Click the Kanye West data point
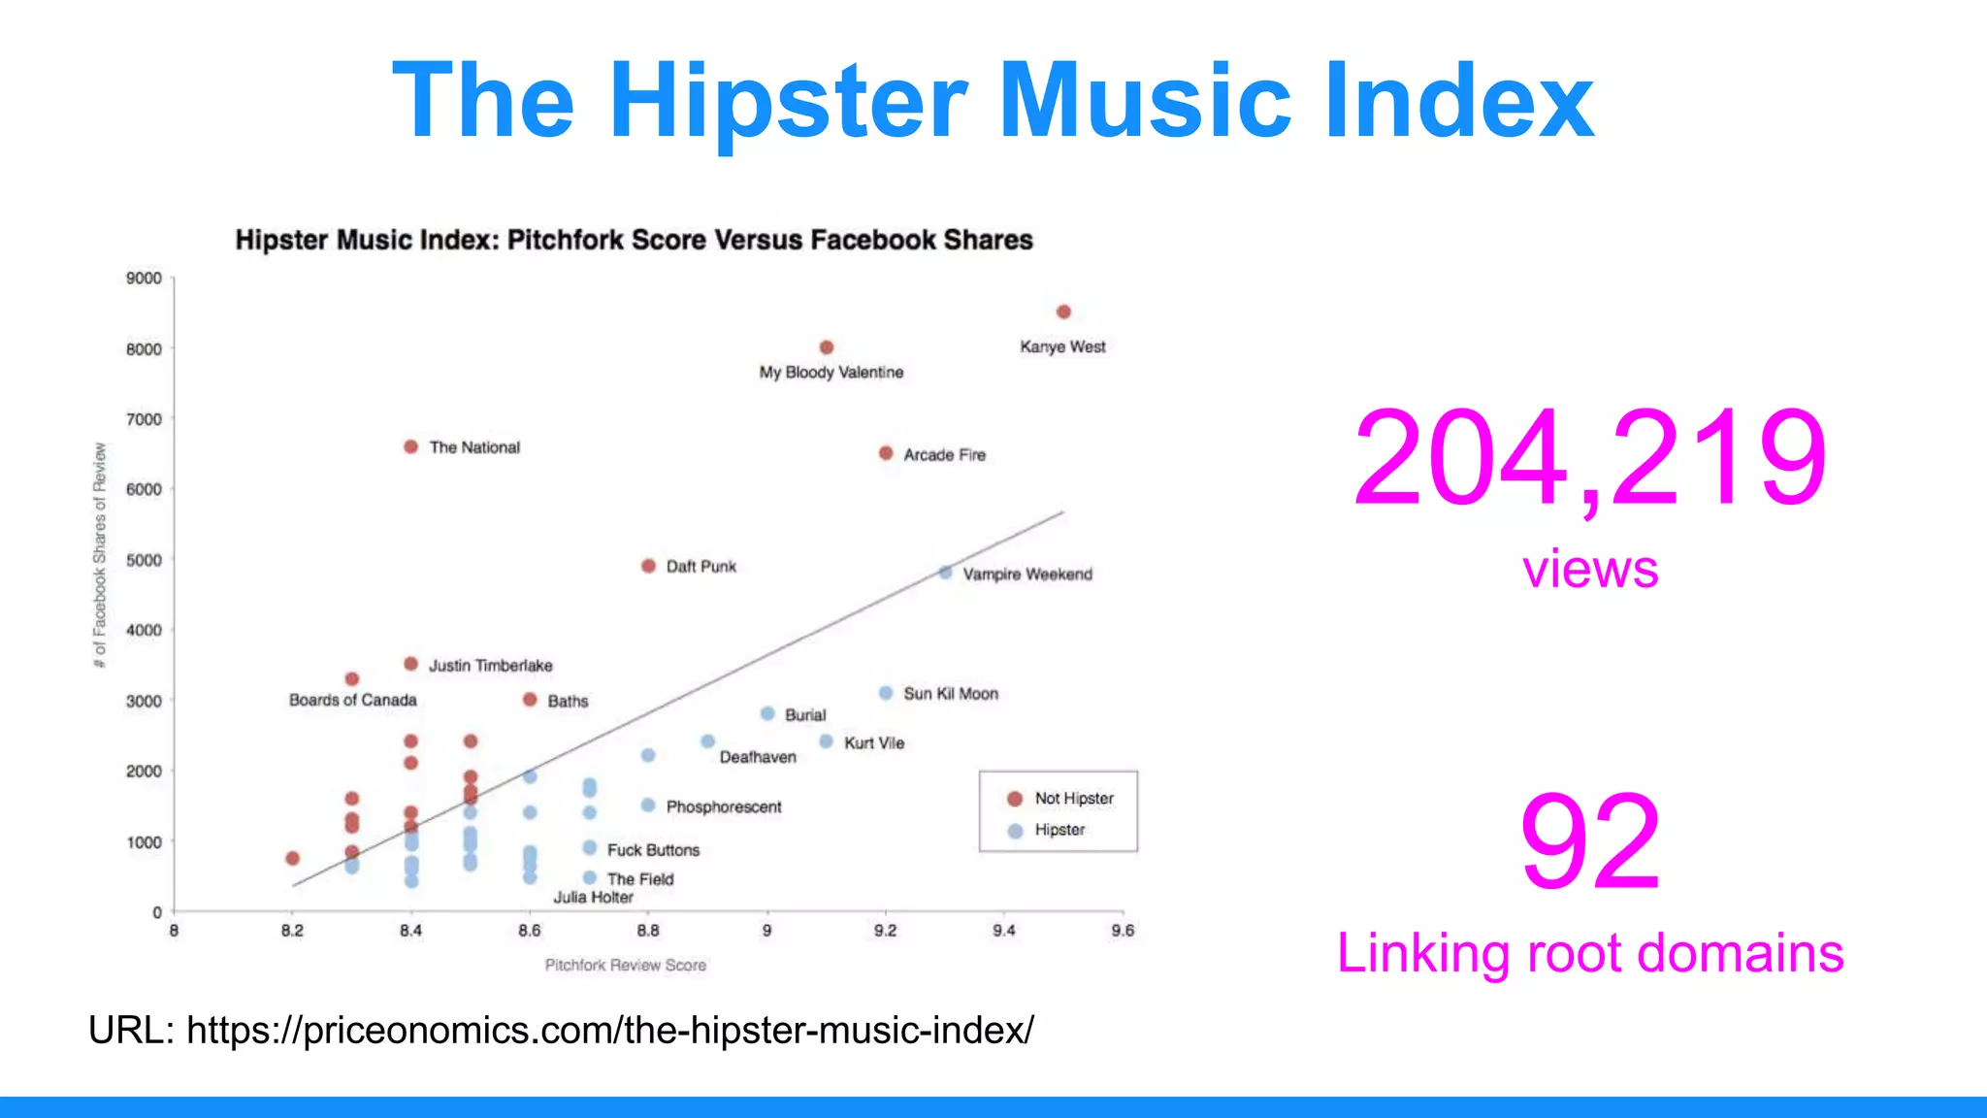pos(1063,312)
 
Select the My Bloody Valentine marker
pos(827,347)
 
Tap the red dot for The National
pos(410,446)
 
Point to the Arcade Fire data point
pos(886,453)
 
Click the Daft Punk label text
pos(700,567)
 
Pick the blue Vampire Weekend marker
pos(945,573)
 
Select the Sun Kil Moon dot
pos(886,693)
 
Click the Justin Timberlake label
pos(490,666)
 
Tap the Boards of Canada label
pos(352,700)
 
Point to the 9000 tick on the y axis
pos(144,279)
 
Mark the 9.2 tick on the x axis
pos(885,931)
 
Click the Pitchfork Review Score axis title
pos(625,965)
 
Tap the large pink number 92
pos(1589,841)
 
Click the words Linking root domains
pos(1589,953)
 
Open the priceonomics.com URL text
pos(609,1030)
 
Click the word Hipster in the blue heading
pos(787,101)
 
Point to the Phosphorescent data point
pos(648,806)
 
